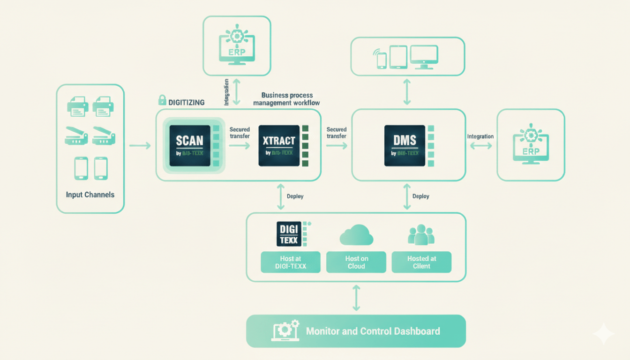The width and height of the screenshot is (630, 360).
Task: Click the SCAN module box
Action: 190,145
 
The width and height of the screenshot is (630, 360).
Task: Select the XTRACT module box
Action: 279,145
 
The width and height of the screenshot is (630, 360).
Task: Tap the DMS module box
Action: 405,145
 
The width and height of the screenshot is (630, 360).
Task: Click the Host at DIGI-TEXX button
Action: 291,262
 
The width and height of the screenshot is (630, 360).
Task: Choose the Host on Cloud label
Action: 356,262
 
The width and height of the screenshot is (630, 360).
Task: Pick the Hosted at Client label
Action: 421,262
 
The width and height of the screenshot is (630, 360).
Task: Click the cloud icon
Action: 356,235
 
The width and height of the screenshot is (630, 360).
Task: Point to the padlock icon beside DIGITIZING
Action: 162,100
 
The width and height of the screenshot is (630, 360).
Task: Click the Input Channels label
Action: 90,195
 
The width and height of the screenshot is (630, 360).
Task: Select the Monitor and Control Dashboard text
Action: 373,331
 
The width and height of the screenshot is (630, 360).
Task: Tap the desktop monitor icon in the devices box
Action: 424,57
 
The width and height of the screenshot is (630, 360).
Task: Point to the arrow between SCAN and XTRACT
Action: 240,146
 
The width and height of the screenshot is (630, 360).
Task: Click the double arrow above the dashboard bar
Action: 356,298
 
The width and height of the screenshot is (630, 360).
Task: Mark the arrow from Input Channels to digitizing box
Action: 140,146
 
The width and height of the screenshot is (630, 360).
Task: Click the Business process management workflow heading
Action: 287,99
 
